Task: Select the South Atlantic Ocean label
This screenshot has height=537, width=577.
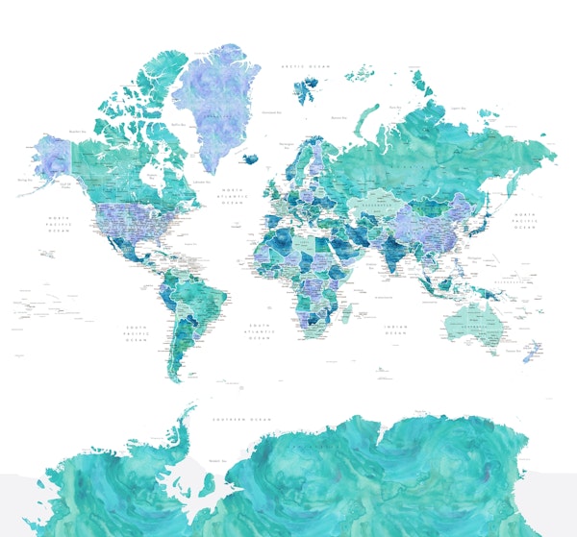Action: click(x=259, y=332)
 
